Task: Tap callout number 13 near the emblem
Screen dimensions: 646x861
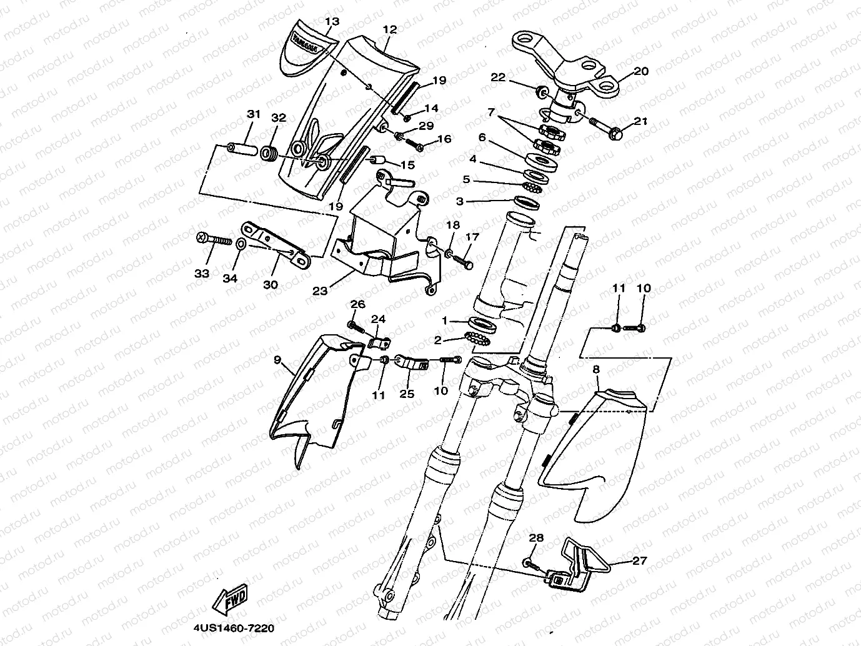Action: coord(332,21)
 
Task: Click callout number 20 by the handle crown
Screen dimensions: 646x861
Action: coord(641,71)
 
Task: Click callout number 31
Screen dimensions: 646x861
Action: coord(253,114)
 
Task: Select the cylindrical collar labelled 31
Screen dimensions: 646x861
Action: coord(241,151)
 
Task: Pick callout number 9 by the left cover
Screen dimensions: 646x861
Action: coord(277,360)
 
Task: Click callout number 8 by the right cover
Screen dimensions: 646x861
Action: coord(595,370)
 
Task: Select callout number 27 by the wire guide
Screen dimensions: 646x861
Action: coord(640,560)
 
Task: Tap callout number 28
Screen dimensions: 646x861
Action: coord(537,538)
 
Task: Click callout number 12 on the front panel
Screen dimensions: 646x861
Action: coord(390,29)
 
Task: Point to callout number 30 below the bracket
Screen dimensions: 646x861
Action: coord(270,284)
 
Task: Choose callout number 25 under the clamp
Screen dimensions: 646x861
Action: coord(407,394)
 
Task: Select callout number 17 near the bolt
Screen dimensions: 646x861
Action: coord(472,237)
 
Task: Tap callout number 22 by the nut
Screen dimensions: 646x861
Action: coord(497,77)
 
